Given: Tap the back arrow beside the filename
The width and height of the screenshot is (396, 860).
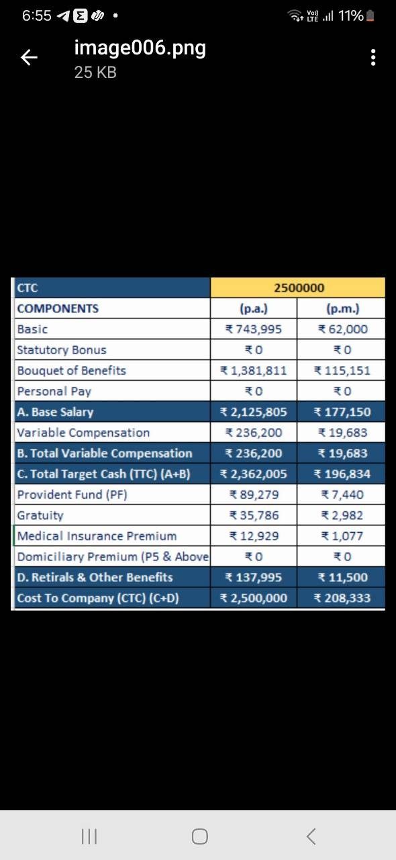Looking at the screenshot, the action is click(x=29, y=58).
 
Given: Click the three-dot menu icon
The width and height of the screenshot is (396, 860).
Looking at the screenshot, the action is click(x=373, y=58).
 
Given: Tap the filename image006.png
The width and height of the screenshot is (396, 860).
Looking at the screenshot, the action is click(x=140, y=48).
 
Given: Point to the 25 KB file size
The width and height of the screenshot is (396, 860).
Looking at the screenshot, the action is click(x=95, y=72).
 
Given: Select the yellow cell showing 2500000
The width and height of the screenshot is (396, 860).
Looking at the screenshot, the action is click(x=298, y=288).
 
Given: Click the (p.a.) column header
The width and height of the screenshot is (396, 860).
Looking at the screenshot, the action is click(x=254, y=308).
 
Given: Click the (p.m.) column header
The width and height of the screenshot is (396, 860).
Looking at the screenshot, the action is click(x=343, y=308).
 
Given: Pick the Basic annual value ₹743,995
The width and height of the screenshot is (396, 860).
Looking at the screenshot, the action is click(x=253, y=329).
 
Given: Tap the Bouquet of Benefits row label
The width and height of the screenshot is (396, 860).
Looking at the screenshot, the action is click(x=71, y=370).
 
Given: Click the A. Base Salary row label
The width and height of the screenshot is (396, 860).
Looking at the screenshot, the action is click(x=55, y=412).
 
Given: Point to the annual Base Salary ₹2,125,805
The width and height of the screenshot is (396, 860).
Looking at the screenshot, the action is click(x=253, y=412).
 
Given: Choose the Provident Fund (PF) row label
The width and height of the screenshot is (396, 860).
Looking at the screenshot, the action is click(x=72, y=494).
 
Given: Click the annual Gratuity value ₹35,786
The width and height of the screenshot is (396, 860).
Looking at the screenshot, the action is click(x=254, y=515).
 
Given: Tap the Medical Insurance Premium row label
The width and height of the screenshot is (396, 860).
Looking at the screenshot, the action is click(x=97, y=536).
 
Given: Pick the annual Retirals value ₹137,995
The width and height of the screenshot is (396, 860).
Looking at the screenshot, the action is click(x=253, y=577).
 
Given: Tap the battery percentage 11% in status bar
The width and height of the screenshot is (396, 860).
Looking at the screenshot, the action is click(x=351, y=15).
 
